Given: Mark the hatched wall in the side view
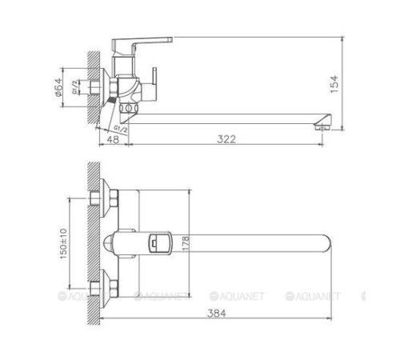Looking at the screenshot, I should point(93,88).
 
